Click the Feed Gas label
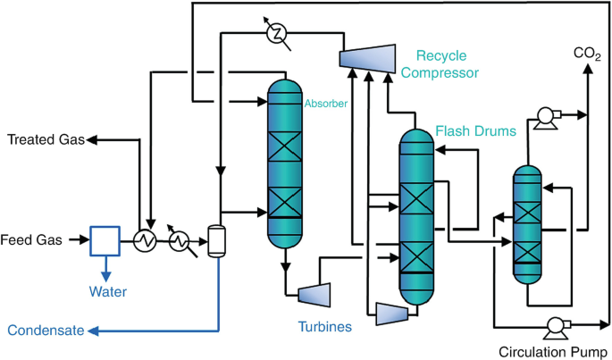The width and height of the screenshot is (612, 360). (x=31, y=239)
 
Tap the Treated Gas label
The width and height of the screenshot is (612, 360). (x=46, y=139)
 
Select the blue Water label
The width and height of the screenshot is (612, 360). (x=108, y=292)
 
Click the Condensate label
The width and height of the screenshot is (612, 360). (x=46, y=331)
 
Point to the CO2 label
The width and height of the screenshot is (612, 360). (x=587, y=54)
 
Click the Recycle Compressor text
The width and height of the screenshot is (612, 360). (x=440, y=64)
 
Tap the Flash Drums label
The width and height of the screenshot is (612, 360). (x=476, y=130)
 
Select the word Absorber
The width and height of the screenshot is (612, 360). (x=326, y=104)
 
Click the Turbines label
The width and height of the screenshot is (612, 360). (x=325, y=326)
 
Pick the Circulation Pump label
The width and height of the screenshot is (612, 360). (x=553, y=352)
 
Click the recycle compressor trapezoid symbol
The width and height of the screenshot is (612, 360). (x=367, y=59)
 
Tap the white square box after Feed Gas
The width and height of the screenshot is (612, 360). (x=105, y=241)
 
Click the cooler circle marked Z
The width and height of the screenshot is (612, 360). (x=277, y=34)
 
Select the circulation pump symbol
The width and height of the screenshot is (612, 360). (x=557, y=327)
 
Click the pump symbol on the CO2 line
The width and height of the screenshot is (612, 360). (x=546, y=117)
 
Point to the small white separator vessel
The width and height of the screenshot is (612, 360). (x=216, y=241)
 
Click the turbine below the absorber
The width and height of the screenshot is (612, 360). (x=314, y=295)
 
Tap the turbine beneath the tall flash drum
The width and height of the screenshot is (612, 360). (x=392, y=314)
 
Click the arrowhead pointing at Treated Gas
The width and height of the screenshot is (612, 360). (x=91, y=139)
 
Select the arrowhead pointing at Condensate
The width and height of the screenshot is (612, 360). (x=93, y=331)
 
